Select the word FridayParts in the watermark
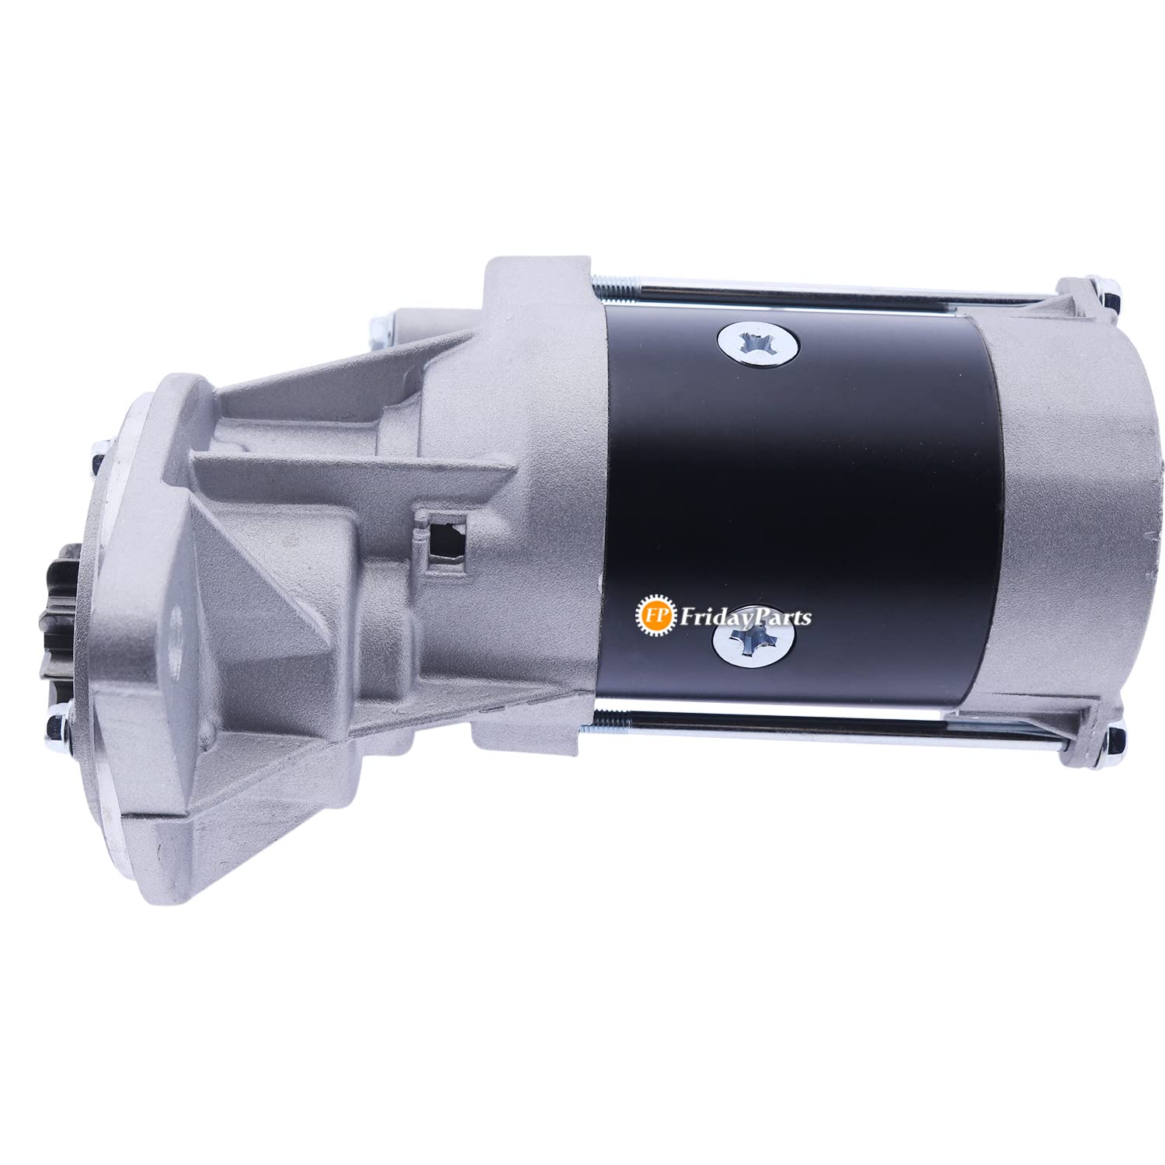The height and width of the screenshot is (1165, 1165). [x=745, y=617]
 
